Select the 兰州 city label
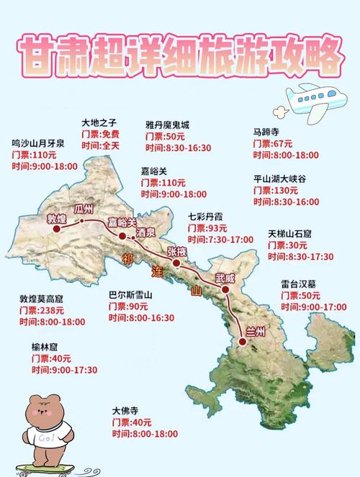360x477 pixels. click(254, 331)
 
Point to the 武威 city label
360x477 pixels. click(225, 278)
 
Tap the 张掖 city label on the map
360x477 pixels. click(177, 251)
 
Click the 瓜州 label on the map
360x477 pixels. click(85, 209)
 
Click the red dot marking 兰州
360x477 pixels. click(243, 342)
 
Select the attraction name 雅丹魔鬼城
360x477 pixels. click(168, 124)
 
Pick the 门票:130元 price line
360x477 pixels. click(276, 190)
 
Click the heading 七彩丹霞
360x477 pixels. click(207, 217)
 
